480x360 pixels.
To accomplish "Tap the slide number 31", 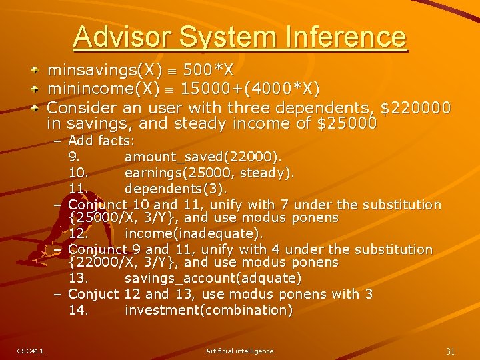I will (450, 351).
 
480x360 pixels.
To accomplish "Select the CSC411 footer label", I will (31, 351).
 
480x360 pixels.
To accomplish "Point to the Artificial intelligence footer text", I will (239, 351).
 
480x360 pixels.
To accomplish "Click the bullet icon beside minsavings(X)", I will (39, 70).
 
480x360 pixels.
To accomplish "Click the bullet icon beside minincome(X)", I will (39, 89).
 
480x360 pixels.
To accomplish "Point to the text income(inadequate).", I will (193, 233).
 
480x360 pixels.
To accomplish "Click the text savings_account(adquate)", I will (213, 278).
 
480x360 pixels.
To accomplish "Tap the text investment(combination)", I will (208, 310).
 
